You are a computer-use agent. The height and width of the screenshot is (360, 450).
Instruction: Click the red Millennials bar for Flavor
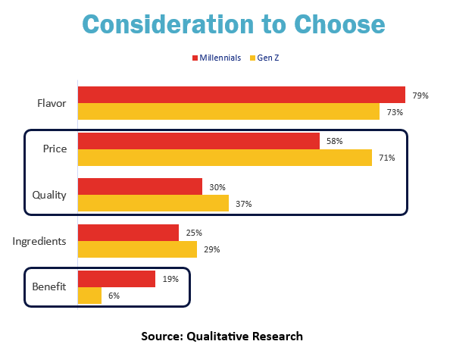(242, 95)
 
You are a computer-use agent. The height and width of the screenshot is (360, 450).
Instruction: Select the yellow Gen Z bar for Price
(225, 158)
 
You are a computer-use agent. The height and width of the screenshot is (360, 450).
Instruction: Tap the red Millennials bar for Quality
(139, 186)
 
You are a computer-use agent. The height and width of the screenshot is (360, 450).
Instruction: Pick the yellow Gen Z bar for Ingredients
(137, 249)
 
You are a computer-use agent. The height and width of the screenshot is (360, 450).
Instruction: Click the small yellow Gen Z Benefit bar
(89, 296)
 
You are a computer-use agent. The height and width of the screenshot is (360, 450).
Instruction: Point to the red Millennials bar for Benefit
(117, 279)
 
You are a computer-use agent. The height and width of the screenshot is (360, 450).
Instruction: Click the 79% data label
(420, 95)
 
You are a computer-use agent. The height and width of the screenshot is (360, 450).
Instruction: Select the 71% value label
(387, 158)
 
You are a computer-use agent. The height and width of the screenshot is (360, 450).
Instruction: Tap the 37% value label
(244, 204)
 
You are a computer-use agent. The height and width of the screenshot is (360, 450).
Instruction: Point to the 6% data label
(114, 296)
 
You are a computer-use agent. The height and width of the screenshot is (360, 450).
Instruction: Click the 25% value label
(194, 233)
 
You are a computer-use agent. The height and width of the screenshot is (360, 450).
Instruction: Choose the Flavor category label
(52, 103)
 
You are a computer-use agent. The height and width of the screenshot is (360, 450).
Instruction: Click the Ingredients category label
(39, 241)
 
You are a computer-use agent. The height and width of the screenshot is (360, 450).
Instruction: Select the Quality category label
(49, 196)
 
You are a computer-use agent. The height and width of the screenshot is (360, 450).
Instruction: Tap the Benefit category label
(49, 286)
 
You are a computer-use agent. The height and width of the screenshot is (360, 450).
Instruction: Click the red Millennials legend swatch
(195, 58)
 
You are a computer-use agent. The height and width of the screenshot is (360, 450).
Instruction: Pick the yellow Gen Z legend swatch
(252, 58)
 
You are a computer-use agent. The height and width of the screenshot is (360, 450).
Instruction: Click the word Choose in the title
(339, 24)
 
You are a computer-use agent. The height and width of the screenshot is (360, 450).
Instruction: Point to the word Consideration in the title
(168, 24)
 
